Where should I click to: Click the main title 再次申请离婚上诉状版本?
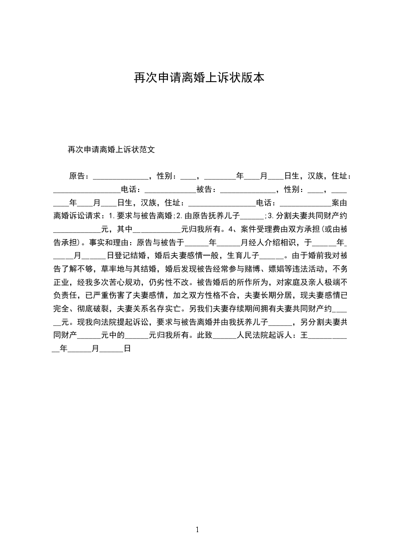197,78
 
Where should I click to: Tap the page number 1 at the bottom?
197,530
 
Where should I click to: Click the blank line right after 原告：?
121,176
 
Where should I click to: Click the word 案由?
338,203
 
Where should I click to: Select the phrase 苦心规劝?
131,283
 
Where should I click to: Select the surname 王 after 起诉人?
304,335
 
